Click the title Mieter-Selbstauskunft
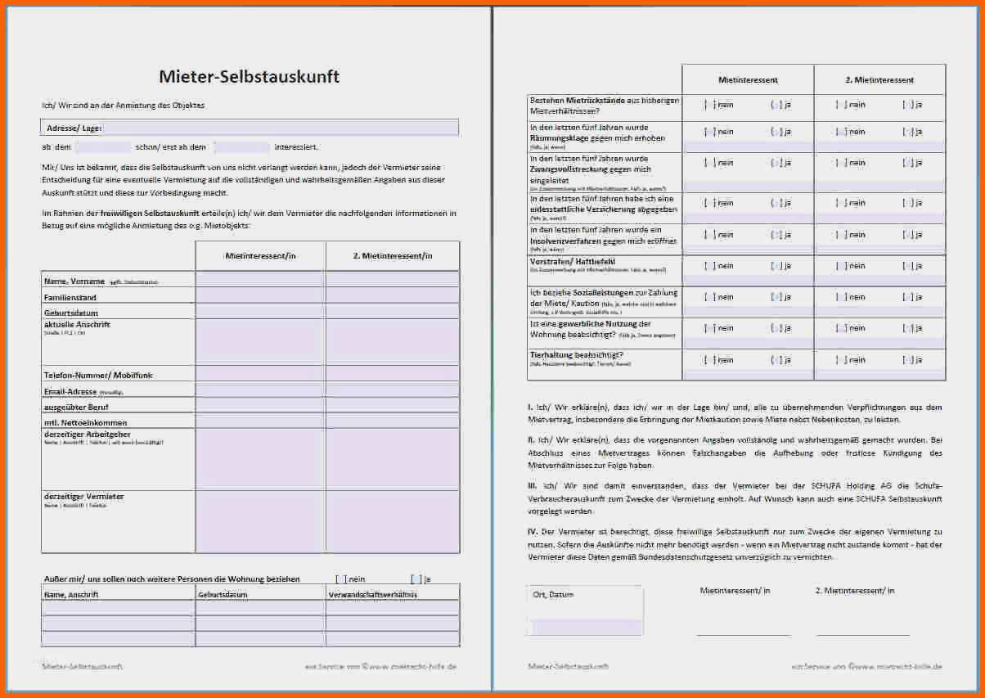coord(249,78)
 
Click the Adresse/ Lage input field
coord(278,128)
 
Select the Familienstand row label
coord(70,297)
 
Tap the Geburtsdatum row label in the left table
coord(71,313)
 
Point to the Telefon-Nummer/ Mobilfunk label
coord(98,375)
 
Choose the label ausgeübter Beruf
coord(76,407)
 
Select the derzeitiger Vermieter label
coord(83,497)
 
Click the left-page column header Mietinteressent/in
coord(260,256)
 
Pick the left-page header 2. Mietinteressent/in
coord(393,256)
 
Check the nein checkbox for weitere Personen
coord(341,579)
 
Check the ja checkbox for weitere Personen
coord(417,579)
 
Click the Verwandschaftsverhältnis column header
coord(372,595)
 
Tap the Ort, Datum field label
coord(550,595)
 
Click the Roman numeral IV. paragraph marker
coord(532,532)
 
